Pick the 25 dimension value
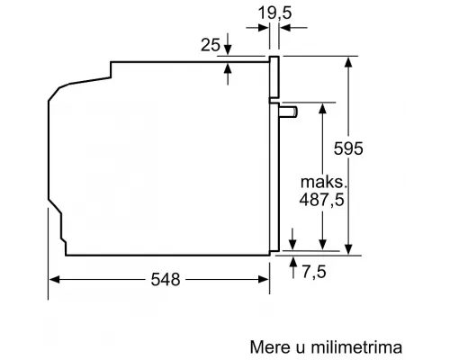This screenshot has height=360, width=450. (x=210, y=44)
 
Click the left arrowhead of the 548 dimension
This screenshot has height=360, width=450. (x=51, y=280)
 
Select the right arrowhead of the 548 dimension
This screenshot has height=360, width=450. (x=268, y=280)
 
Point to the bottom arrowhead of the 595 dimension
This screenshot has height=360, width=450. (x=346, y=250)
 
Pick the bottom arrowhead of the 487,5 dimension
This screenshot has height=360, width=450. (x=321, y=244)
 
